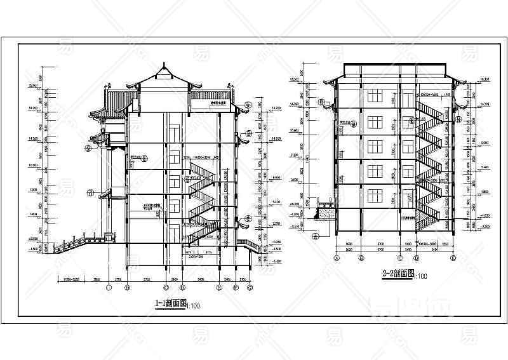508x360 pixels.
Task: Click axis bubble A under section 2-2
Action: [x=335, y=258]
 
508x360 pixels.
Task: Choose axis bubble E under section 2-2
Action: [x=453, y=258]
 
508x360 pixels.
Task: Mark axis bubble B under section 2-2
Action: [x=361, y=258]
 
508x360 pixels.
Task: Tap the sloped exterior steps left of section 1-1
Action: [x=73, y=244]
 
